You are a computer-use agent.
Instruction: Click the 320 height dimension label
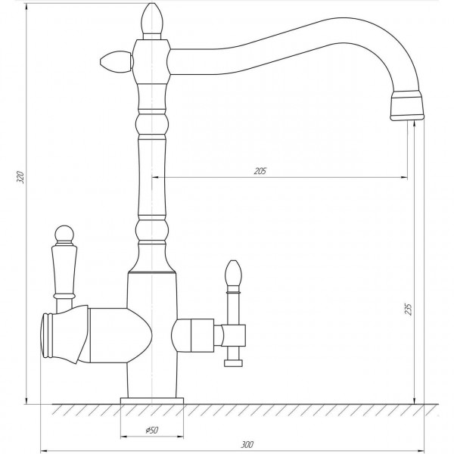(20, 177)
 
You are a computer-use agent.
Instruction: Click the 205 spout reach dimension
(260, 171)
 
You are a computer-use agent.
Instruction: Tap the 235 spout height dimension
(408, 309)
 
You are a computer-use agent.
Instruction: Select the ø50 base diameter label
(152, 431)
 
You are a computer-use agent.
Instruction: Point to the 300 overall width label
(247, 444)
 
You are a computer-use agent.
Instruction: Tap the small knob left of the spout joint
(116, 62)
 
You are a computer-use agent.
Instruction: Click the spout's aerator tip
(407, 105)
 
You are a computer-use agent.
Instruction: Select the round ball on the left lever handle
(64, 234)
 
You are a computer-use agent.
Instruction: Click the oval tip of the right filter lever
(233, 272)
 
